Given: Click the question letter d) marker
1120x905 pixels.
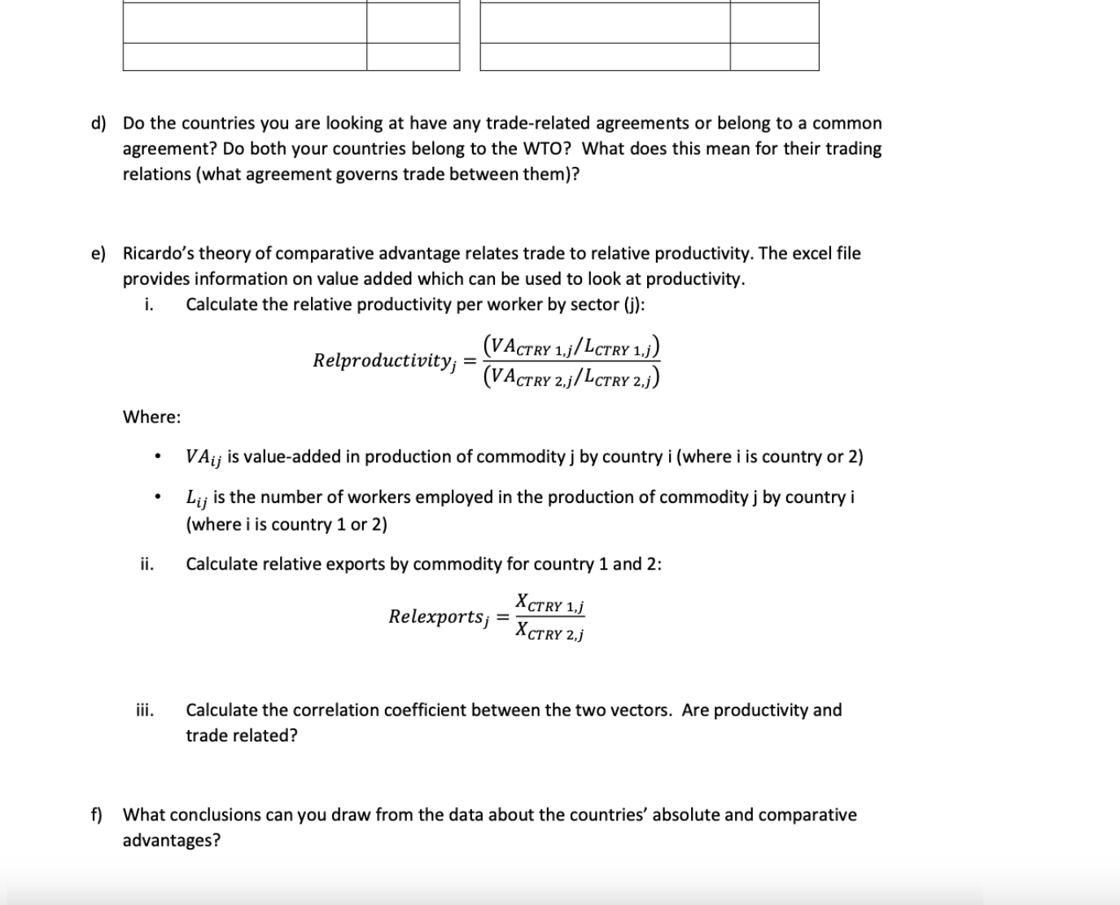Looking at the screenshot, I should [x=98, y=124].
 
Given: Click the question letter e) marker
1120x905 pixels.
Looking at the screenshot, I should [x=98, y=254].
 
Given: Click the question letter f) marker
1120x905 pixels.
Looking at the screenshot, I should [x=96, y=815].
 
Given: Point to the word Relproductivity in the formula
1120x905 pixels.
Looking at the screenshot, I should [x=383, y=361].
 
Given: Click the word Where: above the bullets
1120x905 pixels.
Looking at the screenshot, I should [x=151, y=418].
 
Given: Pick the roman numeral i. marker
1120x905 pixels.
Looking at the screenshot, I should [x=148, y=304].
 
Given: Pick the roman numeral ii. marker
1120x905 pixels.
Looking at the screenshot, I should [x=147, y=564].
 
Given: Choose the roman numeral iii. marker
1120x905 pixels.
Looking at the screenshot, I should [x=145, y=710].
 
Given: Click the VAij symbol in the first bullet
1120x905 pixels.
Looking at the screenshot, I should [x=203, y=457].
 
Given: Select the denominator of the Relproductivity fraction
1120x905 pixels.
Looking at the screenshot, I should [x=571, y=376].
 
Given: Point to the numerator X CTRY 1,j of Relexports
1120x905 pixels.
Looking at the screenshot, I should [x=550, y=604].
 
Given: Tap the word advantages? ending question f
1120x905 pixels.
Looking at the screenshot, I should [x=171, y=841].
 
